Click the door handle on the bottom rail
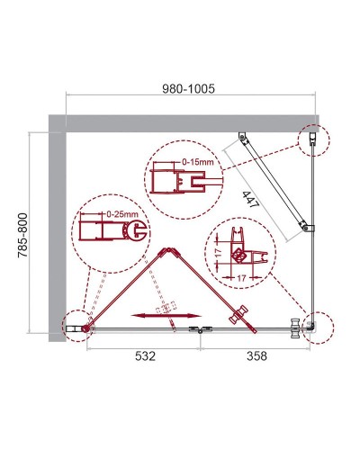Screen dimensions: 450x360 pos(240,314)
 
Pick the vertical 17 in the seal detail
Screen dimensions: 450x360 pos(220,256)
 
